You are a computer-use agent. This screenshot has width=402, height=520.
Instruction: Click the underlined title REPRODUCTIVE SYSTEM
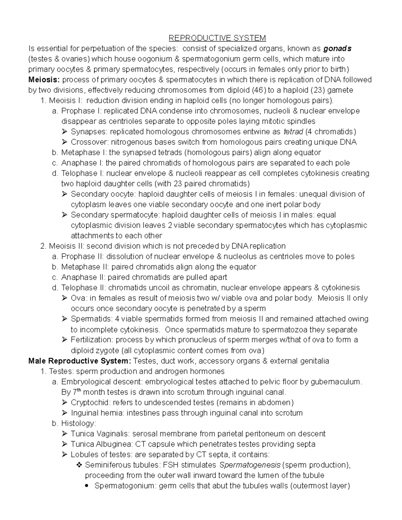[x=217, y=38]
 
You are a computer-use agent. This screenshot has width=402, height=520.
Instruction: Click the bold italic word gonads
[x=337, y=49]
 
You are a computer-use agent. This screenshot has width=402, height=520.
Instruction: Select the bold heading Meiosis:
[x=44, y=80]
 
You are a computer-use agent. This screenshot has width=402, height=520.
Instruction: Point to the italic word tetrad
[x=293, y=132]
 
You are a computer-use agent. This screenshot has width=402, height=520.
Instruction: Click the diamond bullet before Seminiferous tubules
[x=79, y=465]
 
